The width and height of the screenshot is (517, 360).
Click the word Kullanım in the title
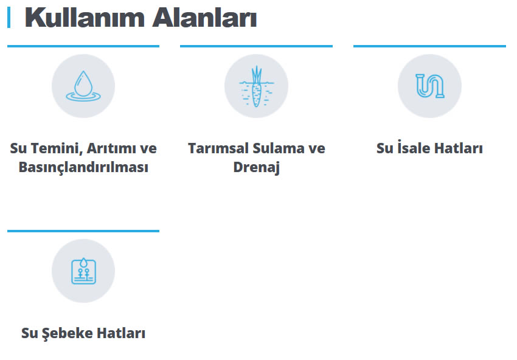pos(85,18)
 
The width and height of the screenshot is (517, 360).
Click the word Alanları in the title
pos(204,18)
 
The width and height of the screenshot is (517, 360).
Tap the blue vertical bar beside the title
pos(9,18)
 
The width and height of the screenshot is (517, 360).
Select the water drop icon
pos(83,86)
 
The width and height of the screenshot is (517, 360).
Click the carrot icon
pos(256,86)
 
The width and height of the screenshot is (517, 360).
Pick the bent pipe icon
pos(429,86)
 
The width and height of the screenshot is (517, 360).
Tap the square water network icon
pos(84,271)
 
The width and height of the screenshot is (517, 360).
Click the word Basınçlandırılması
pos(83,167)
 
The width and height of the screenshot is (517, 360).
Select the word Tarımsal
pos(218,148)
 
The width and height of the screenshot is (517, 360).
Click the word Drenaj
pos(257,167)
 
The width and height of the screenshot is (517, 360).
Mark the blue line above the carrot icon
pos(256,46)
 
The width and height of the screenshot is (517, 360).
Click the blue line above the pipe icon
pos(429,46)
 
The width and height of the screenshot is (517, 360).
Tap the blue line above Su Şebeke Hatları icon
pos(83,231)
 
